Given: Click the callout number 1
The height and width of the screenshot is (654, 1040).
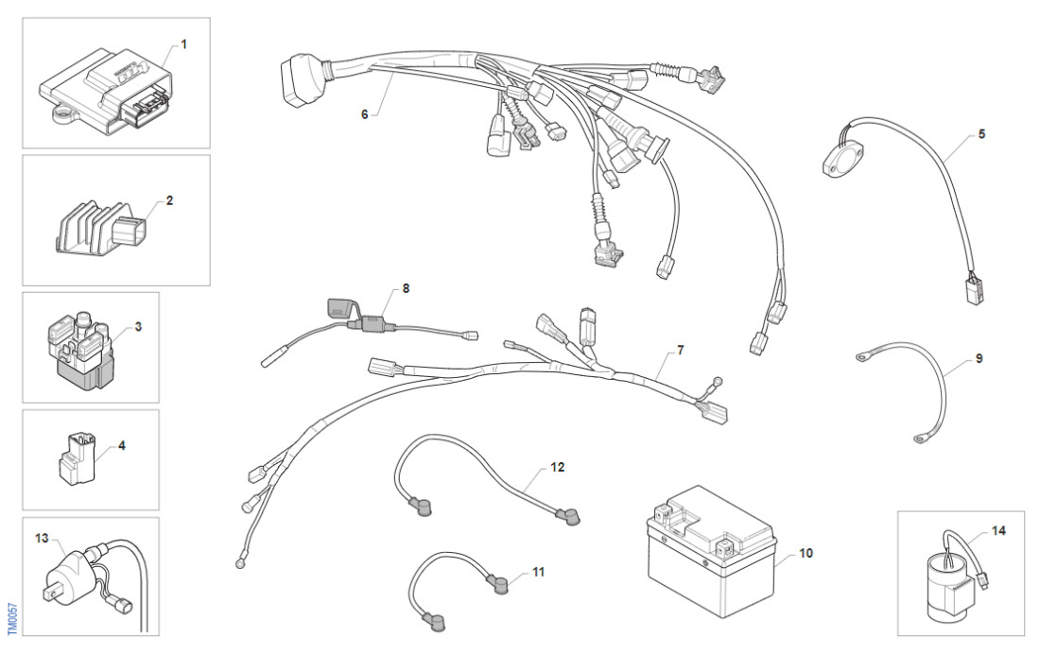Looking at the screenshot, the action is pos(183,44).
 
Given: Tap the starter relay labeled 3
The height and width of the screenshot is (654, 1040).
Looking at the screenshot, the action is pos(78,352).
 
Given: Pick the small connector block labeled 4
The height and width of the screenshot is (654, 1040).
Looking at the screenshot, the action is pos(77,457).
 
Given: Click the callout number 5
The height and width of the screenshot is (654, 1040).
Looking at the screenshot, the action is pos(981,134).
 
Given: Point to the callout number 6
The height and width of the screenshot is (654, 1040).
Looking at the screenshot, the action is pos(364,114).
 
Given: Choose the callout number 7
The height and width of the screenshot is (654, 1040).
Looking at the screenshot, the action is pos(680,350).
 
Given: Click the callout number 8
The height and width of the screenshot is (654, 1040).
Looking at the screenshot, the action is pos(406,288).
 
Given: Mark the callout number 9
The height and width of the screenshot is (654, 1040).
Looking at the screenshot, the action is pos(979,359).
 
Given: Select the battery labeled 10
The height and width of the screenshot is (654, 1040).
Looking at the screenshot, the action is pos(711,551).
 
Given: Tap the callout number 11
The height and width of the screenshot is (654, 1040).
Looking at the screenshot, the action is pos(538,572).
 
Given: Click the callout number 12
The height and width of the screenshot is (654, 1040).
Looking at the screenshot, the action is pos(557,467).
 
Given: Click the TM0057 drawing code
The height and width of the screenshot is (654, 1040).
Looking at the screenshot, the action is pos(12,619).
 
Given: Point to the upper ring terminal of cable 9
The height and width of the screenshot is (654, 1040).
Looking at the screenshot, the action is pos(863,358).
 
